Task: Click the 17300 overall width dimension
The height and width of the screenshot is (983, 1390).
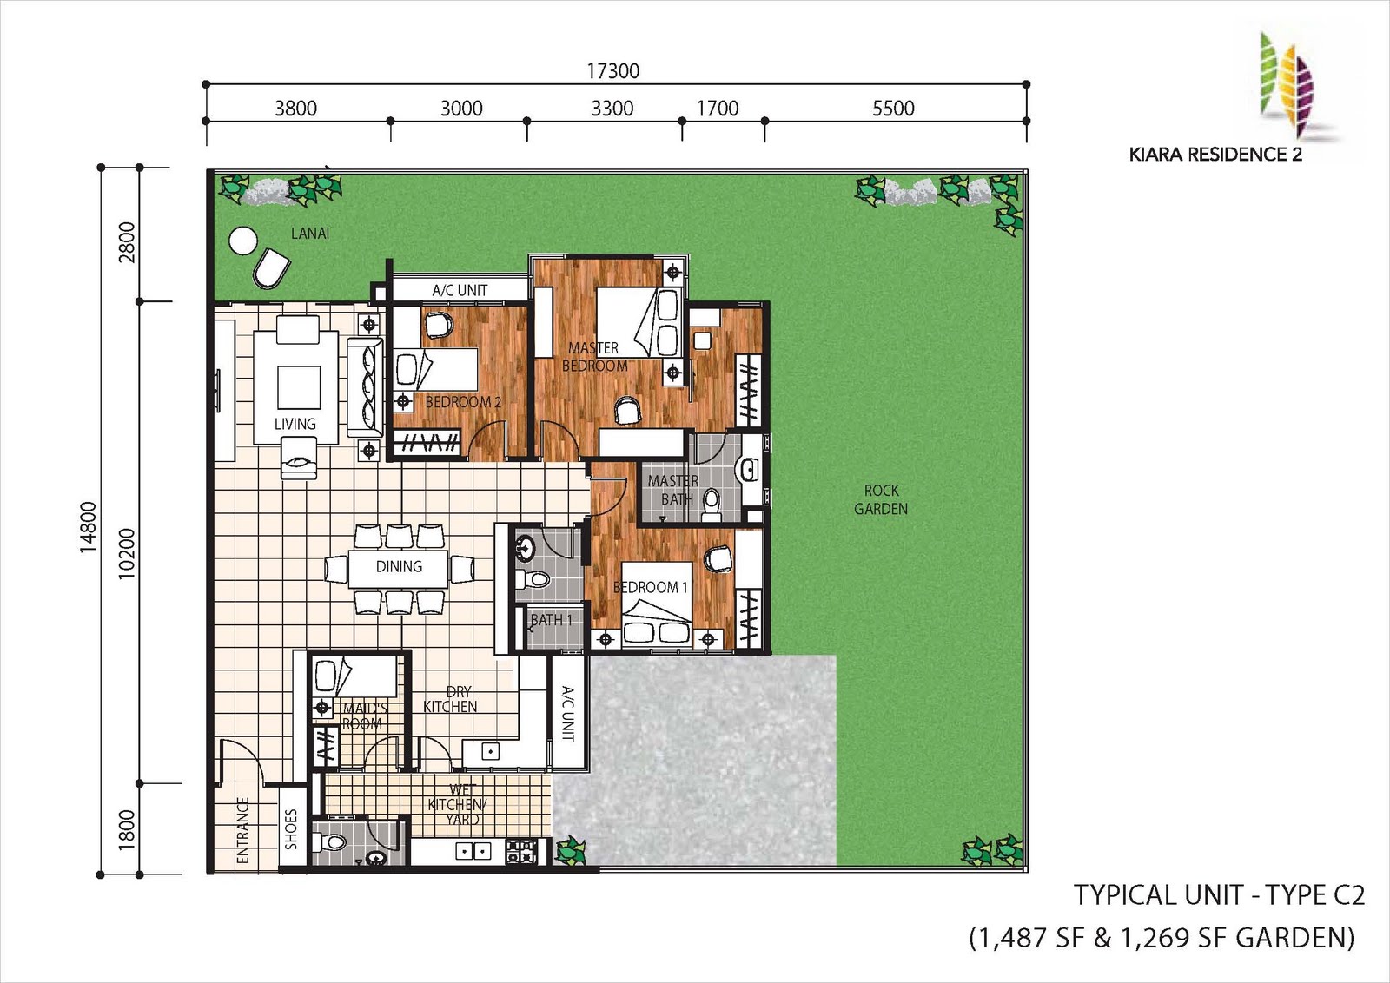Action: [x=613, y=71]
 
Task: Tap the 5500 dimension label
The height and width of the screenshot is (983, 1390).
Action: [x=893, y=109]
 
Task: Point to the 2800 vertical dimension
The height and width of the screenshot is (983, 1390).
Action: [x=126, y=242]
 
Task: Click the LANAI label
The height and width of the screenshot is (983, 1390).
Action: [x=310, y=234]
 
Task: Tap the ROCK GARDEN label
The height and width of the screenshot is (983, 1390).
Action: [x=881, y=499]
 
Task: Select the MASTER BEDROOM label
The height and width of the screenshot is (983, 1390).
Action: [x=594, y=357]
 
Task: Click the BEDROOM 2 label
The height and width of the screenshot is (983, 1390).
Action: [x=463, y=402]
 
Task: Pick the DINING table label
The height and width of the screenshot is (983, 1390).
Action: [x=399, y=566]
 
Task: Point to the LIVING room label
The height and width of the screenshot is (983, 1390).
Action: [x=295, y=424]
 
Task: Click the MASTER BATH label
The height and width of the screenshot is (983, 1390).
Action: [x=672, y=490]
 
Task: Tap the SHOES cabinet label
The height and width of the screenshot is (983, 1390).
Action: [x=291, y=829]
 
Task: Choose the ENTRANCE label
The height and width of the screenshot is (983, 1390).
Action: [x=243, y=830]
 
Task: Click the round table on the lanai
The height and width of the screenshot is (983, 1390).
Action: [x=242, y=240]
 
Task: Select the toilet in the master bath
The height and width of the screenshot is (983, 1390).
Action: [x=712, y=505]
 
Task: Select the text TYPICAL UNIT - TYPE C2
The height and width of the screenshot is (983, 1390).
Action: [x=1220, y=895]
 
